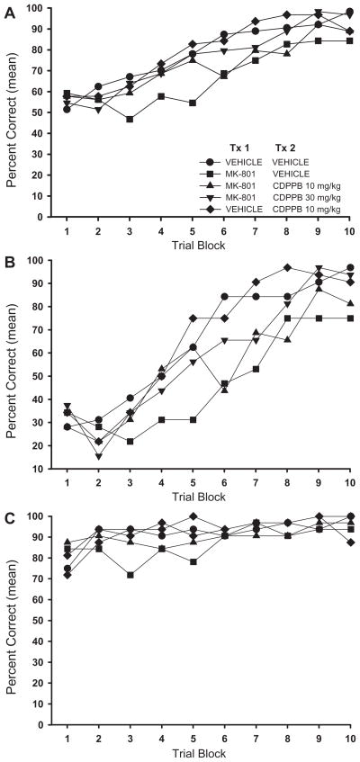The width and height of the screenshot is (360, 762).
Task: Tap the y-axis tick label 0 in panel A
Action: pyautogui.click(x=28, y=217)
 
